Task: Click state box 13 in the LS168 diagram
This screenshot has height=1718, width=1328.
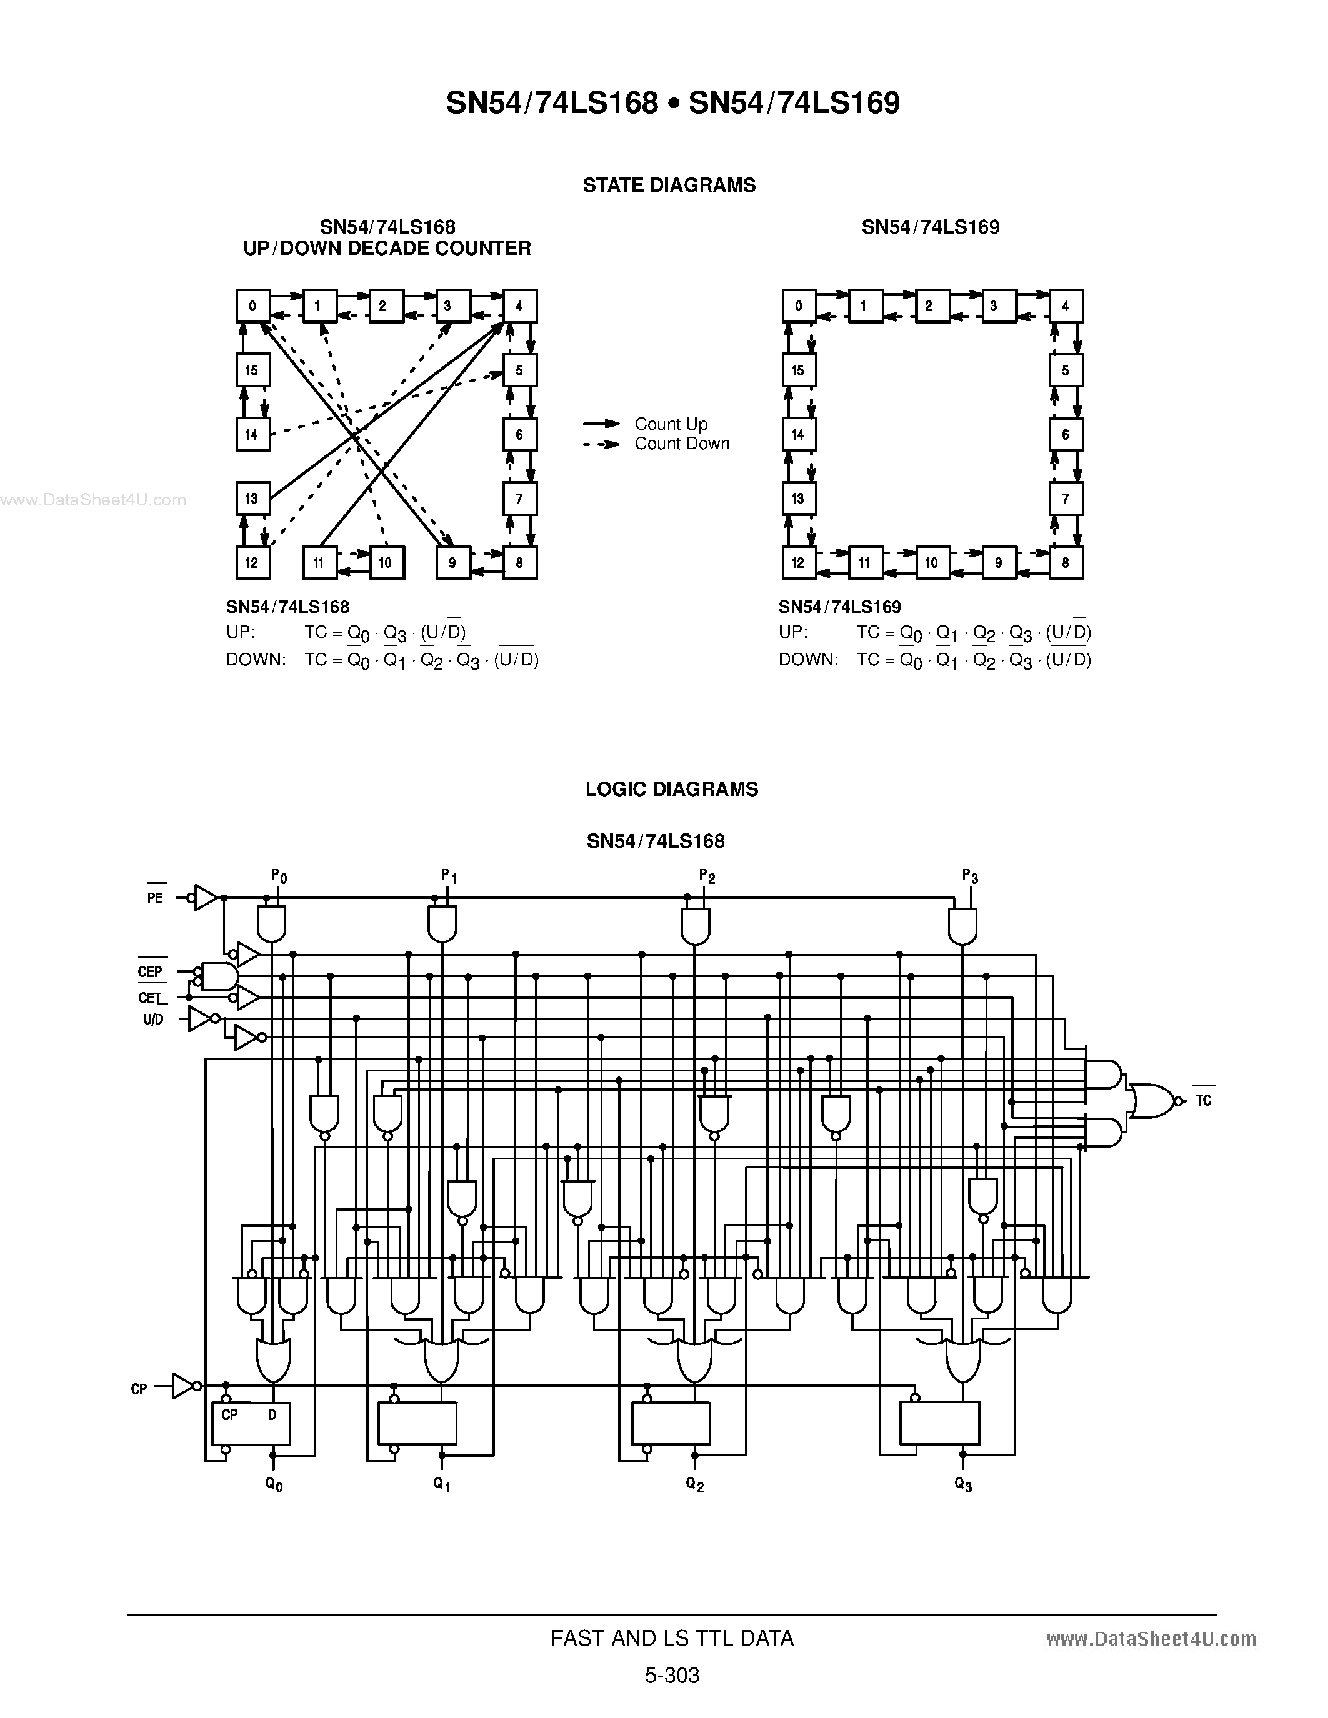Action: point(252,498)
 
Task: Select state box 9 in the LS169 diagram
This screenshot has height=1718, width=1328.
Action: point(999,562)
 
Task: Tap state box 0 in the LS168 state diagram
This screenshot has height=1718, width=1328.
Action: point(252,306)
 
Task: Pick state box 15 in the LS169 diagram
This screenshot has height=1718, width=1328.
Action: point(799,370)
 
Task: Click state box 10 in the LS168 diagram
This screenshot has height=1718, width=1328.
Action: point(386,562)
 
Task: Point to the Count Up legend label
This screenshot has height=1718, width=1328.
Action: point(671,424)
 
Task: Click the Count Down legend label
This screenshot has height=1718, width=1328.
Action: point(681,444)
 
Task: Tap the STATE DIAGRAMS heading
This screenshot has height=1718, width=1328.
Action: point(669,185)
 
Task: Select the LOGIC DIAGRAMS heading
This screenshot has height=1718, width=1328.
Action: point(671,789)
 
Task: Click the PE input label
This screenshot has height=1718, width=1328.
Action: point(155,898)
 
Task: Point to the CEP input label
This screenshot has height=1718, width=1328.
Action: point(149,971)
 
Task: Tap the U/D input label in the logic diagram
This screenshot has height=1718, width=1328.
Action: point(153,1020)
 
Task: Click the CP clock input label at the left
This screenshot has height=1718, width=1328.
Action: point(139,1389)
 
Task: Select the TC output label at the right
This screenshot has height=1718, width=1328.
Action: point(1203,1101)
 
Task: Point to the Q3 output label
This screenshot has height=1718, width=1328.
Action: point(963,1484)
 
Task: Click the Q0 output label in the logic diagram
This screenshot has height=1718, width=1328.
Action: point(274,1484)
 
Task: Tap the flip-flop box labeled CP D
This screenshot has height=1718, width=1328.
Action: point(250,1423)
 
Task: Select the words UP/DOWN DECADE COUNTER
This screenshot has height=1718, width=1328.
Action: point(387,249)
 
